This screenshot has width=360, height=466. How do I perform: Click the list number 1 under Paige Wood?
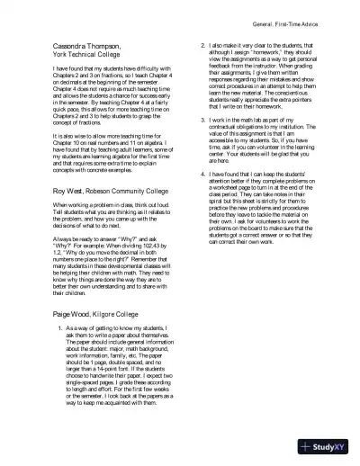click(58, 329)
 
